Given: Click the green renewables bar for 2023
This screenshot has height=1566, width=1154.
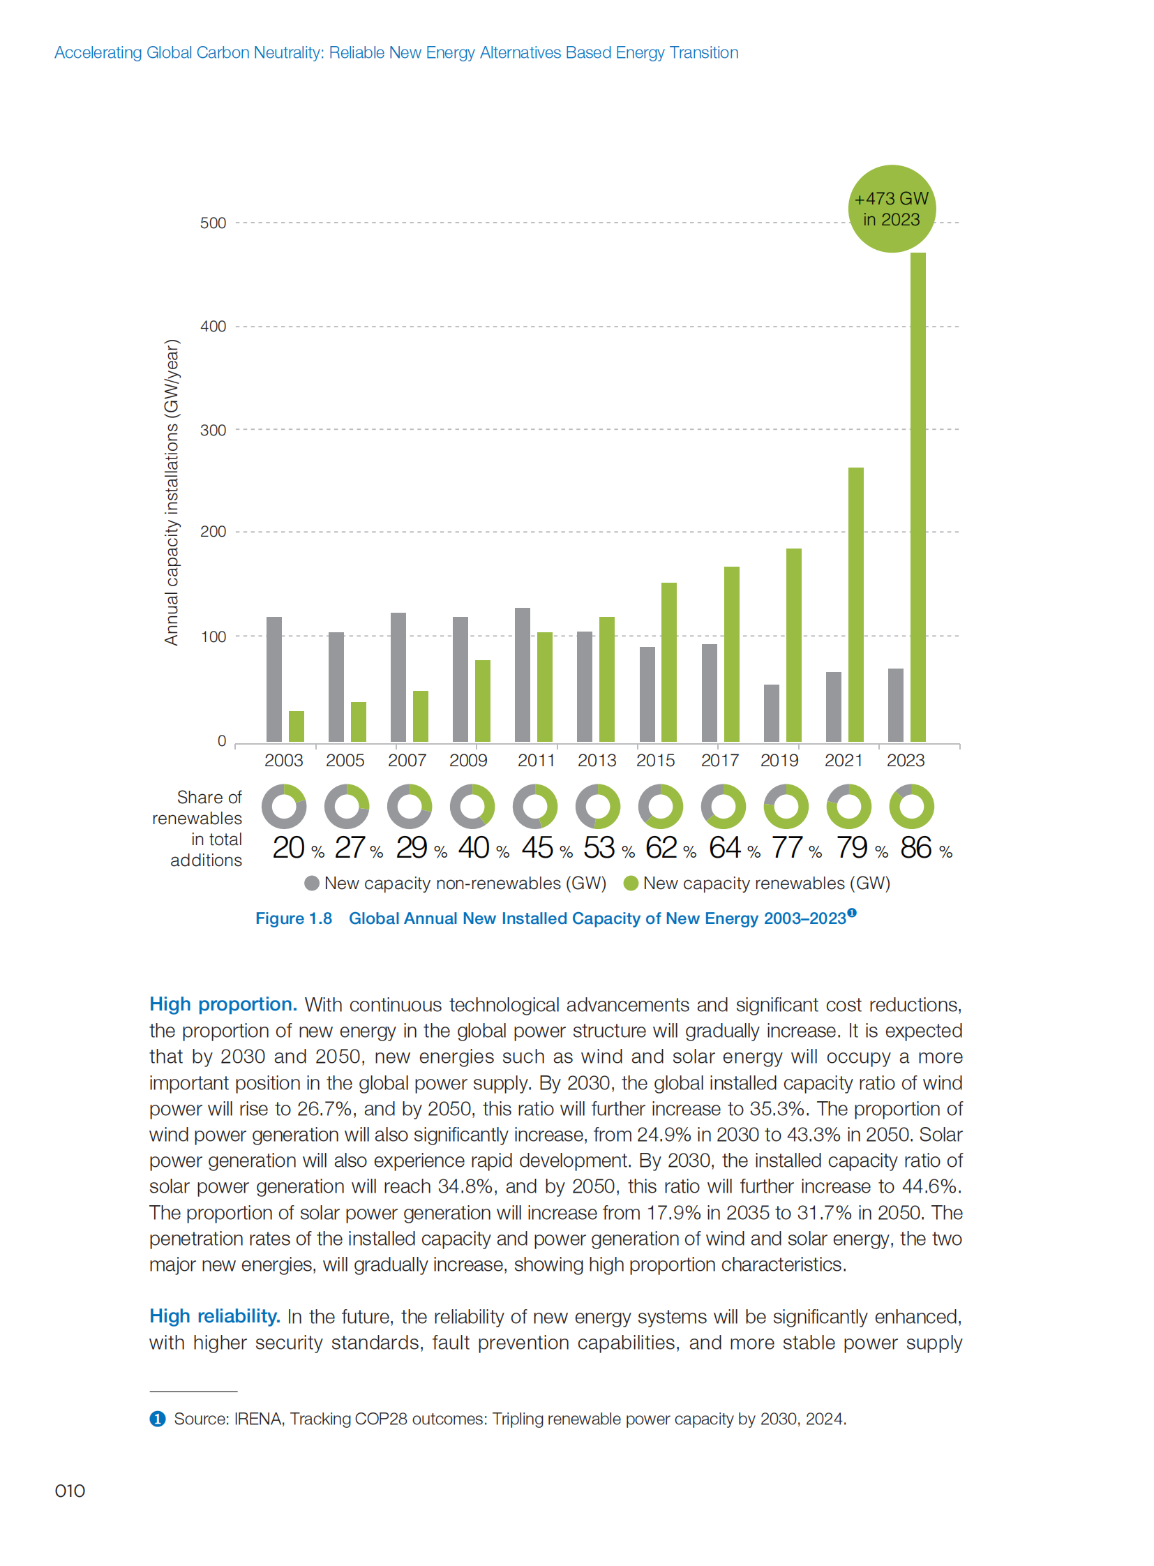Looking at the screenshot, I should (x=917, y=496).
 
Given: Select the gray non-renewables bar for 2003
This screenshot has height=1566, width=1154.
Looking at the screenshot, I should (x=273, y=678).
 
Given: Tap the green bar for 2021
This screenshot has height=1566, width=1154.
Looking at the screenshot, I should (x=855, y=604).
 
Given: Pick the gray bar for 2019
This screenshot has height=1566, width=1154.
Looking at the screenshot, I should (x=771, y=713).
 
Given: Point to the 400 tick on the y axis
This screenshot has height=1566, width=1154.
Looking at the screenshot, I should (x=213, y=327).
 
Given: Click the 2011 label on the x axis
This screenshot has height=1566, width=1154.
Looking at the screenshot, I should (x=536, y=760).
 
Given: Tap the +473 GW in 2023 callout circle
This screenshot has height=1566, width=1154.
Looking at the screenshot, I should (x=892, y=209).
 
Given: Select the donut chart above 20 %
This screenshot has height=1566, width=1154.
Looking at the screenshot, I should (x=283, y=807).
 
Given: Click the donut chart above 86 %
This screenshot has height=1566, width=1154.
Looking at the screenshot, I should (x=911, y=807).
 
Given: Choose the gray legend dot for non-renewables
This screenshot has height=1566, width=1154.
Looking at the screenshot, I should (x=313, y=883).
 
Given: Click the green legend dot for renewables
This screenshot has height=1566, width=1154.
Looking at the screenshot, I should (x=631, y=883).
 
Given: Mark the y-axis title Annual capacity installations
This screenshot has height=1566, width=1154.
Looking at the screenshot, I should (x=172, y=492).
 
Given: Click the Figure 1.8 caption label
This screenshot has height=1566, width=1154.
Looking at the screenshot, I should (x=294, y=918).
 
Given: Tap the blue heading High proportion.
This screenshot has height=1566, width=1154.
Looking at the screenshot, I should (x=223, y=1004).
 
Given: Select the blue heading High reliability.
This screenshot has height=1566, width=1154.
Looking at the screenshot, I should (x=214, y=1316).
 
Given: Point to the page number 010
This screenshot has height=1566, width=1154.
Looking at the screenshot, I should (x=70, y=1491).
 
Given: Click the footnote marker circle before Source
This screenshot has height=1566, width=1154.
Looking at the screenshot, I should (x=158, y=1419).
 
